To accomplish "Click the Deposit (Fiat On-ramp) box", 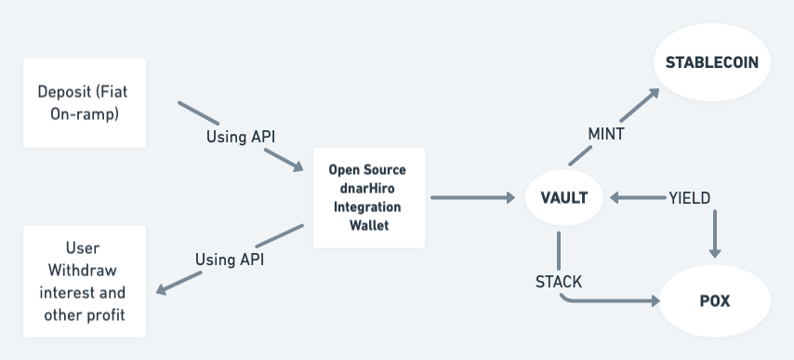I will (85, 102).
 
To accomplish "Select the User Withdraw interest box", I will (85, 282).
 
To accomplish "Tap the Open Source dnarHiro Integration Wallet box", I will (368, 197).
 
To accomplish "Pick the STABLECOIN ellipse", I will (712, 63).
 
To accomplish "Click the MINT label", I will (605, 134).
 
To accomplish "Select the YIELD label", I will (689, 197).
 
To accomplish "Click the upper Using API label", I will (240, 137).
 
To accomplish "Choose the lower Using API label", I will (229, 260).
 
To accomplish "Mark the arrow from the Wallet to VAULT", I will (473, 197).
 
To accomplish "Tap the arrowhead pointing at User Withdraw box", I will (163, 290).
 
